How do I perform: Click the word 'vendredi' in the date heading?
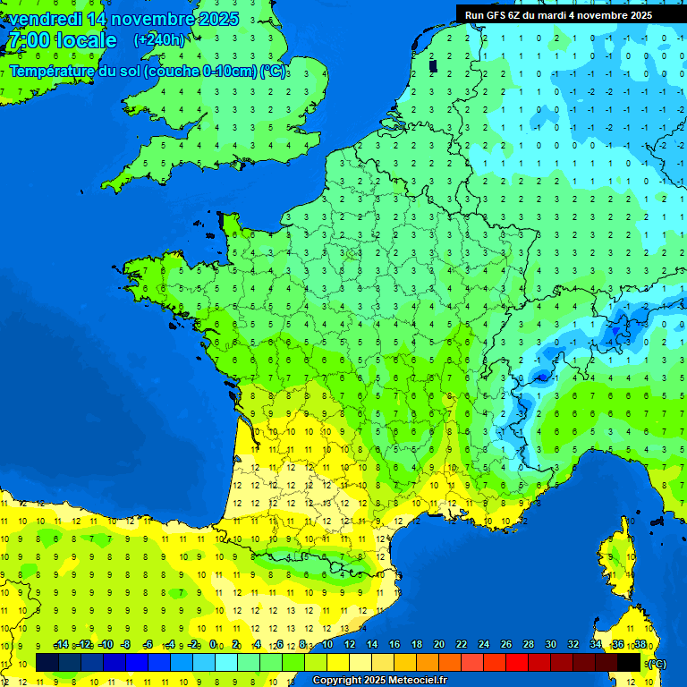pyautogui.click(x=45, y=19)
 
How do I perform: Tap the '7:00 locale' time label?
pyautogui.click(x=62, y=40)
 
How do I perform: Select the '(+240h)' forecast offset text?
pyautogui.click(x=159, y=40)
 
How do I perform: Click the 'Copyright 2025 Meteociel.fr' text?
pyautogui.click(x=379, y=681)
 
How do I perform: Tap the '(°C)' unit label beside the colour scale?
pyautogui.click(x=656, y=663)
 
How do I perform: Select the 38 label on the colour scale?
pyautogui.click(x=640, y=645)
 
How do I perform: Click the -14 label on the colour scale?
pyautogui.click(x=61, y=645)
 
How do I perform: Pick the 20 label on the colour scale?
pyautogui.click(x=438, y=645)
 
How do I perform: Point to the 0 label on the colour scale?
pyautogui.click(x=213, y=645)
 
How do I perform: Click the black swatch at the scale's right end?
pyautogui.click(x=629, y=662)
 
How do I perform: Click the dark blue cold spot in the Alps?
pyautogui.click(x=540, y=377)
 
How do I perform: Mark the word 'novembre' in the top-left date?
pyautogui.click(x=153, y=19)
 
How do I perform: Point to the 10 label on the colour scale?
pyautogui.click(x=327, y=645)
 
